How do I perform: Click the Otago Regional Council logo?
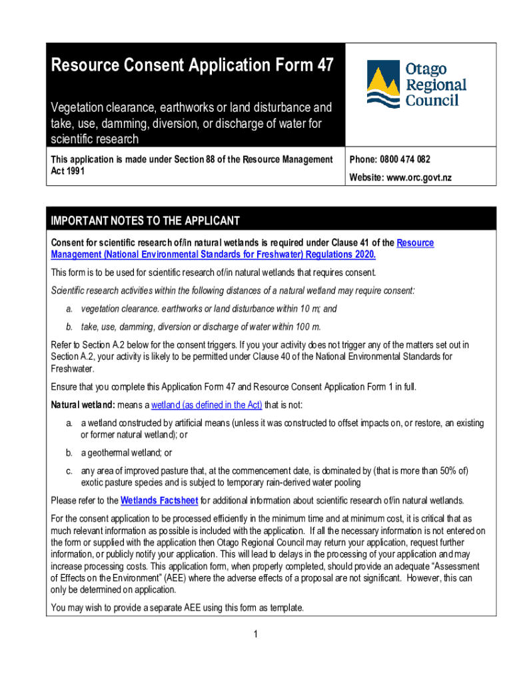click(416, 84)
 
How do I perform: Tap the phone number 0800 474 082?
click(405, 160)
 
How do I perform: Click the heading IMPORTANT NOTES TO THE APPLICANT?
click(145, 221)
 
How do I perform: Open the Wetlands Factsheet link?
click(159, 501)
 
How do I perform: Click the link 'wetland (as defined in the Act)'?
click(207, 405)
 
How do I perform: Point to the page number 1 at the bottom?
click(255, 634)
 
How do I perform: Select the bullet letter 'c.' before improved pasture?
click(69, 471)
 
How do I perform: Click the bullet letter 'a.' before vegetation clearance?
click(69, 309)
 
